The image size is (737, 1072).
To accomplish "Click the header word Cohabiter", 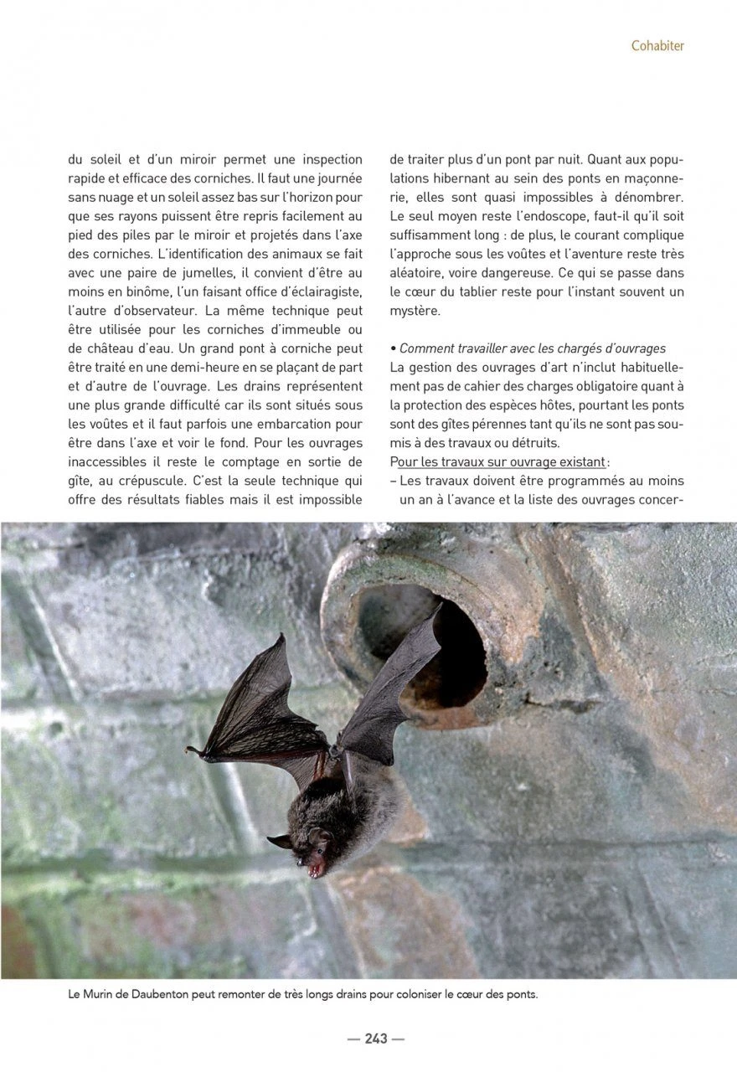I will point(657,46).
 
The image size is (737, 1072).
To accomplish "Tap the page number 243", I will point(376,1038).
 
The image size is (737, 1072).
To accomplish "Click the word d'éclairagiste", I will point(320,291).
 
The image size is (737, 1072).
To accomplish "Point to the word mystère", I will point(415,311).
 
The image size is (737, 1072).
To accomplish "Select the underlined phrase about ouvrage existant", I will point(497,462).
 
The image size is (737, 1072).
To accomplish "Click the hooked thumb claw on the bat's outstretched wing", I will point(191,749).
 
